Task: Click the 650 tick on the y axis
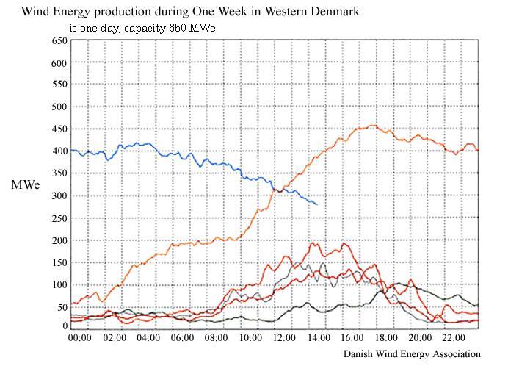59,40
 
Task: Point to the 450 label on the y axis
59,129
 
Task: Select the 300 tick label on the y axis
59,196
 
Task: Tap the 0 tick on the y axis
63,328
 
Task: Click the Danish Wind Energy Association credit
411,354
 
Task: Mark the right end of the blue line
317,204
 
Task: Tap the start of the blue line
71,150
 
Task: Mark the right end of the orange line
478,151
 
